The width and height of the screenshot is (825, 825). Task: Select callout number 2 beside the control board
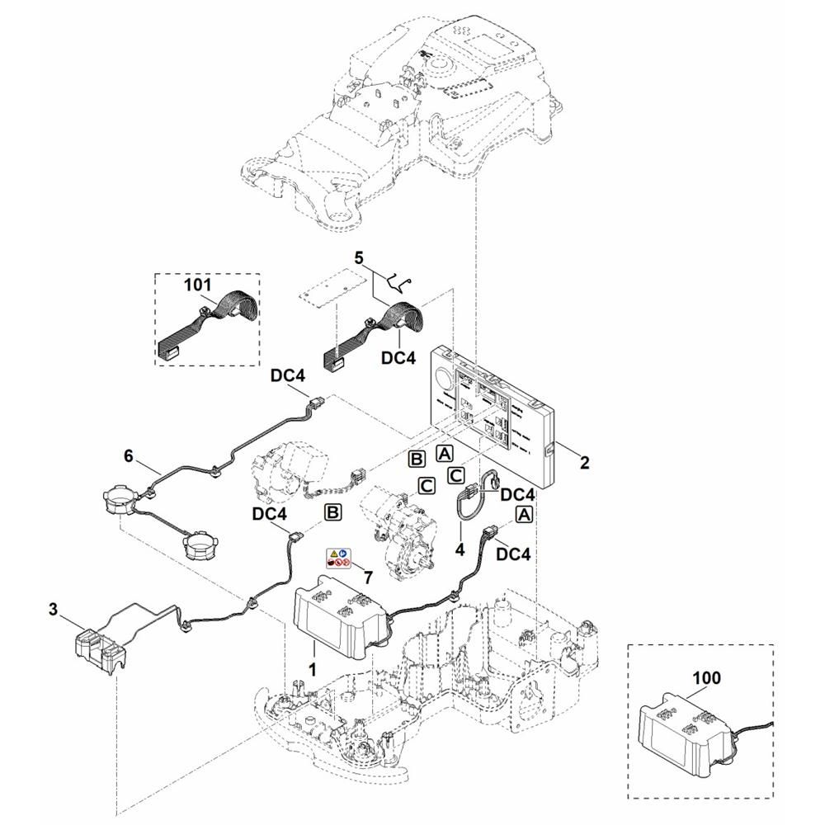coord(584,463)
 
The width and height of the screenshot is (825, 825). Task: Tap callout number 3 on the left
coord(53,610)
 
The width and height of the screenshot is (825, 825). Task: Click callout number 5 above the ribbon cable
coord(358,257)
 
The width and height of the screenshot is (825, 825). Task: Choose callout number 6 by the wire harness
coord(128,455)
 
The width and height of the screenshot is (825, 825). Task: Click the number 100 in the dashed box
coord(707,678)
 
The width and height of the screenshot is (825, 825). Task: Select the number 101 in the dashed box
coord(198,285)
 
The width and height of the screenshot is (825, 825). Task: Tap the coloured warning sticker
coord(337,558)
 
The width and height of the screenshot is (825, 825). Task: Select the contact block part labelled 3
coord(99,648)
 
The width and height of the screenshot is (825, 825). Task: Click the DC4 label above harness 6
coord(288,375)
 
